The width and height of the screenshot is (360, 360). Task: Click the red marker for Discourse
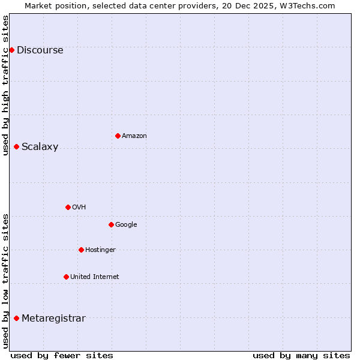point(11,50)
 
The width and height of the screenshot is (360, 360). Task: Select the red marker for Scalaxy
point(16,146)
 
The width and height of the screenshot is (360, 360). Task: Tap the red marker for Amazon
point(118,136)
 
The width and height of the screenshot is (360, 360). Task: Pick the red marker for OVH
point(68,207)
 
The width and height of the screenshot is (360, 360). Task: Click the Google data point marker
point(111,224)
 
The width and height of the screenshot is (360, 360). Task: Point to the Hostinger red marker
point(81,250)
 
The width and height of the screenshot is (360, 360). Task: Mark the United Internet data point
point(66,277)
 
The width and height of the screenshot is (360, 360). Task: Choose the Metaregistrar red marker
point(16,318)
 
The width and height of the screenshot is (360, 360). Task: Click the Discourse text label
point(40,50)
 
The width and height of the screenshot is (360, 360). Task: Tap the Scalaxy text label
point(40,147)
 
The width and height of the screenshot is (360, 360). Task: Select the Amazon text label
point(134,136)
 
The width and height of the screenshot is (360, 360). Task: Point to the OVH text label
point(79,208)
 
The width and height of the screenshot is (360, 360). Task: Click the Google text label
point(126,225)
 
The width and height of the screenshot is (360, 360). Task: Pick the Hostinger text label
point(100,250)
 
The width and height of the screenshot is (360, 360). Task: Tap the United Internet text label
point(94,277)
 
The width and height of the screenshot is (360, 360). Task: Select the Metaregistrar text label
point(53,319)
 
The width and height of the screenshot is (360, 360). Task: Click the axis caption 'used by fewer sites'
point(62,355)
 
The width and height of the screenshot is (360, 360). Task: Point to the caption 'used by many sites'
point(301,355)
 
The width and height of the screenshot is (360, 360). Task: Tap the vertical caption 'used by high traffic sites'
point(5,85)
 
